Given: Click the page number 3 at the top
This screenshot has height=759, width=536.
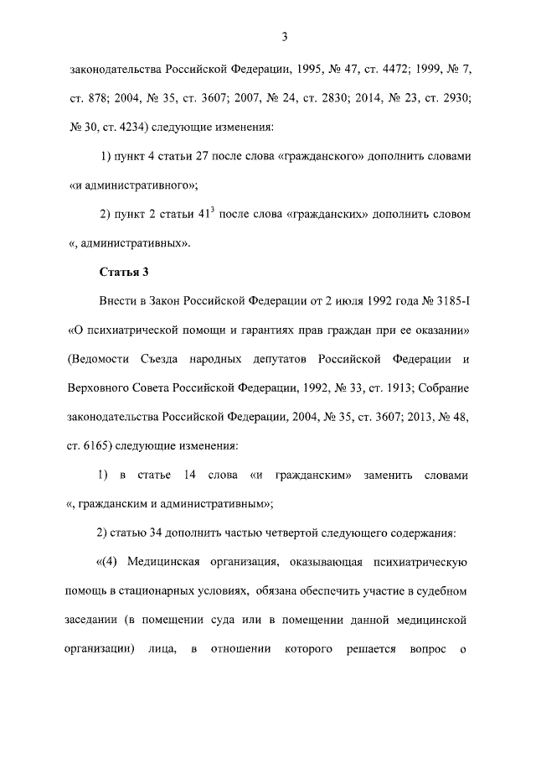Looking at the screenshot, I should coord(285,36).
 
